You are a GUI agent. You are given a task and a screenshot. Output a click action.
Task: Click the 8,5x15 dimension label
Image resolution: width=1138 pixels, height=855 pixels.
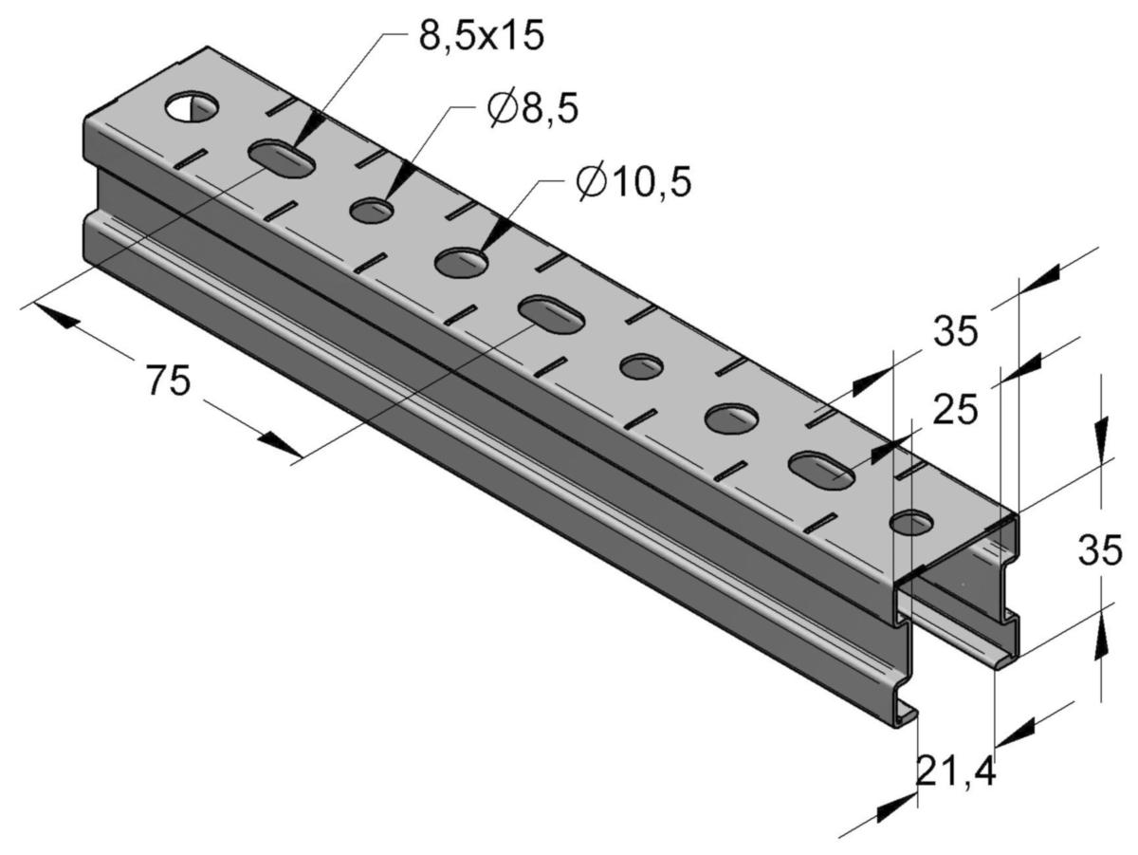coord(480,36)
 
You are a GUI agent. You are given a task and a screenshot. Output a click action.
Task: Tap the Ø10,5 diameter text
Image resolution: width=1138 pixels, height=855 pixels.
coord(633,181)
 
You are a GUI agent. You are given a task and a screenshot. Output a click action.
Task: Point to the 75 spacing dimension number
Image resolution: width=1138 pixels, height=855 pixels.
coord(168,380)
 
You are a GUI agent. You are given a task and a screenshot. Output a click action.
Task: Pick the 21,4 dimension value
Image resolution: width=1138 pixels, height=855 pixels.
coord(956,773)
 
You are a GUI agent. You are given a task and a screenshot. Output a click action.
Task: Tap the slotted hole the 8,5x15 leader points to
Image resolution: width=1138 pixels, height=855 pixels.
coord(281,158)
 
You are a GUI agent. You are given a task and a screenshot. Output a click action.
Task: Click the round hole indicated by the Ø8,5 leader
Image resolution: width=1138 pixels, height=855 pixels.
coord(373,210)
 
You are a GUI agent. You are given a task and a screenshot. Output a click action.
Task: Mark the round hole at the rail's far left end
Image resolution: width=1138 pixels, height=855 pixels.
coord(191,107)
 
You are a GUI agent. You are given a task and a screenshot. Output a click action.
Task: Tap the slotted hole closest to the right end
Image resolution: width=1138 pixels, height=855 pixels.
coord(822,468)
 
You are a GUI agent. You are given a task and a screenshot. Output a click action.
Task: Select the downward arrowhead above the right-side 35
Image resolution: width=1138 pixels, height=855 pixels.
coord(1101,441)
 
